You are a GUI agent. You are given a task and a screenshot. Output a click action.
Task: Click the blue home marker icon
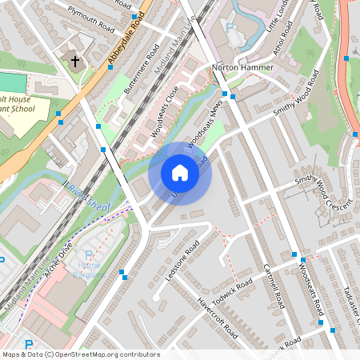click(180, 173)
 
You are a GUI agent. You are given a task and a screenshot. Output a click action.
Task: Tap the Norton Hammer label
click(242, 68)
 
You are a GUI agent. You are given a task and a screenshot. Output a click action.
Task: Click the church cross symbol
click(75, 61)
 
